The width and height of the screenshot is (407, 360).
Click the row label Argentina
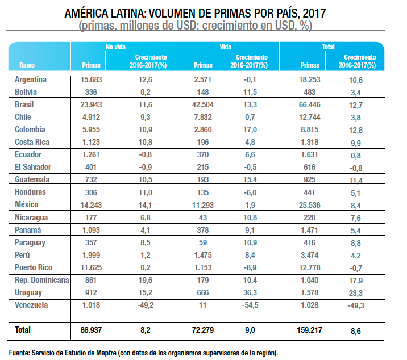point(31,79)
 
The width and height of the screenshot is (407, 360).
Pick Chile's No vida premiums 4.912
point(92,118)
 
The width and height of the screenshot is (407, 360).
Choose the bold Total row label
point(23,329)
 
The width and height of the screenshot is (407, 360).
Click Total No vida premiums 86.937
point(92,329)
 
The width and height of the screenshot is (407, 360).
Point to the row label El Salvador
point(34,168)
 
